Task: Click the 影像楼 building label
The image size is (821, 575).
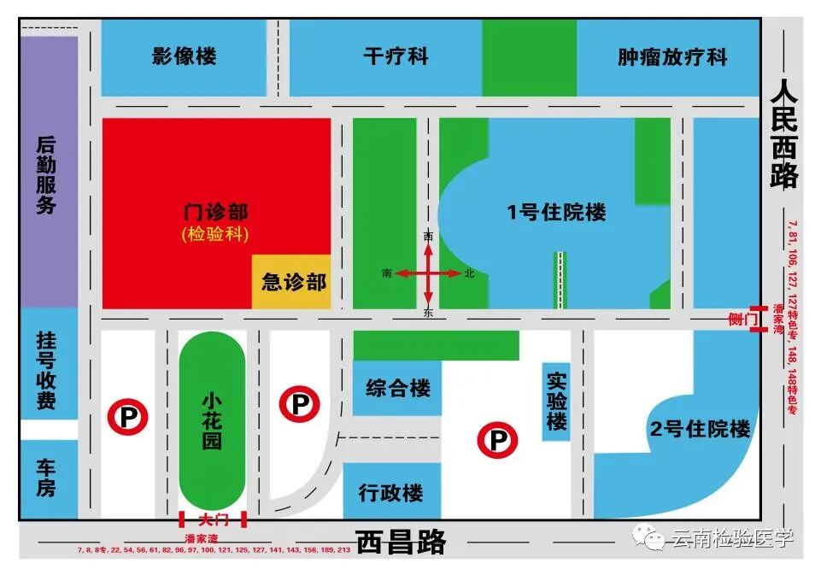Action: coord(185,57)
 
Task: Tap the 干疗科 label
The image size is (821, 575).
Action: coord(396,57)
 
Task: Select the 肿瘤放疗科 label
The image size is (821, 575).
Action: coord(672,57)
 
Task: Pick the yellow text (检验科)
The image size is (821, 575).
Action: coord(215,234)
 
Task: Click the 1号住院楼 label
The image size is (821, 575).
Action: coord(556,212)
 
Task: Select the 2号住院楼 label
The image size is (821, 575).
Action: coord(700,429)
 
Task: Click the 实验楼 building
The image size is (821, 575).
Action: coord(557,399)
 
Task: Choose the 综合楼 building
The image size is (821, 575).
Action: coord(397,389)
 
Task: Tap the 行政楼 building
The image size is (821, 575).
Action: coord(390,494)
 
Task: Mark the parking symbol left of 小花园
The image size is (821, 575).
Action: coord(127,418)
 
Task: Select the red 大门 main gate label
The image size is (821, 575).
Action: coord(211,519)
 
